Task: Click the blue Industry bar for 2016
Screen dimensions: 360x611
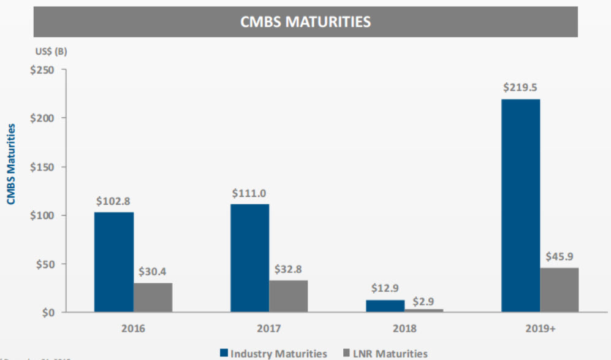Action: [114, 262]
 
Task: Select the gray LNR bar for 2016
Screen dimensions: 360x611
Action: [153, 297]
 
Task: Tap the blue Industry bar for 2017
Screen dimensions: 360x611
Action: [249, 258]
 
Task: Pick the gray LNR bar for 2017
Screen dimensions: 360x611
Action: [288, 296]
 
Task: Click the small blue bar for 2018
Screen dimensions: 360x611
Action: [385, 305]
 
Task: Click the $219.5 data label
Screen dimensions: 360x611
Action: [520, 88]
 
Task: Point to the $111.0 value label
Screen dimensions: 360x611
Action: [249, 193]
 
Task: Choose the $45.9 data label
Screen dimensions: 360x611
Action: [559, 256]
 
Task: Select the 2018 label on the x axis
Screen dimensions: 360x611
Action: [404, 329]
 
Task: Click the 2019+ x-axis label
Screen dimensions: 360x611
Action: [540, 329]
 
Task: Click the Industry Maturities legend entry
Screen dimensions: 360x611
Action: [273, 353]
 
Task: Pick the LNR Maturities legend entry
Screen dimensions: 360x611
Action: [384, 353]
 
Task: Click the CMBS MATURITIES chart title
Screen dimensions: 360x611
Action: [305, 22]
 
